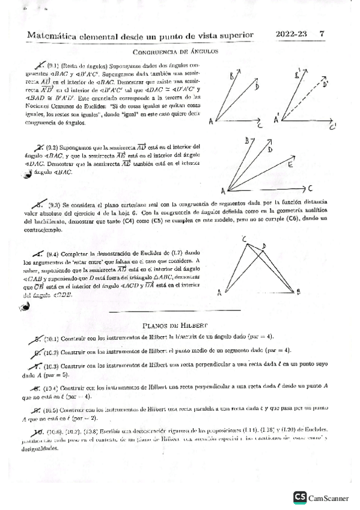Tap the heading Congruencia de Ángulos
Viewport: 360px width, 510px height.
174,52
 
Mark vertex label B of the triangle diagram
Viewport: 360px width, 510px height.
299,292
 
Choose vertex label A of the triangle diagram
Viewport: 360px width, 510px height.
221,292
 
